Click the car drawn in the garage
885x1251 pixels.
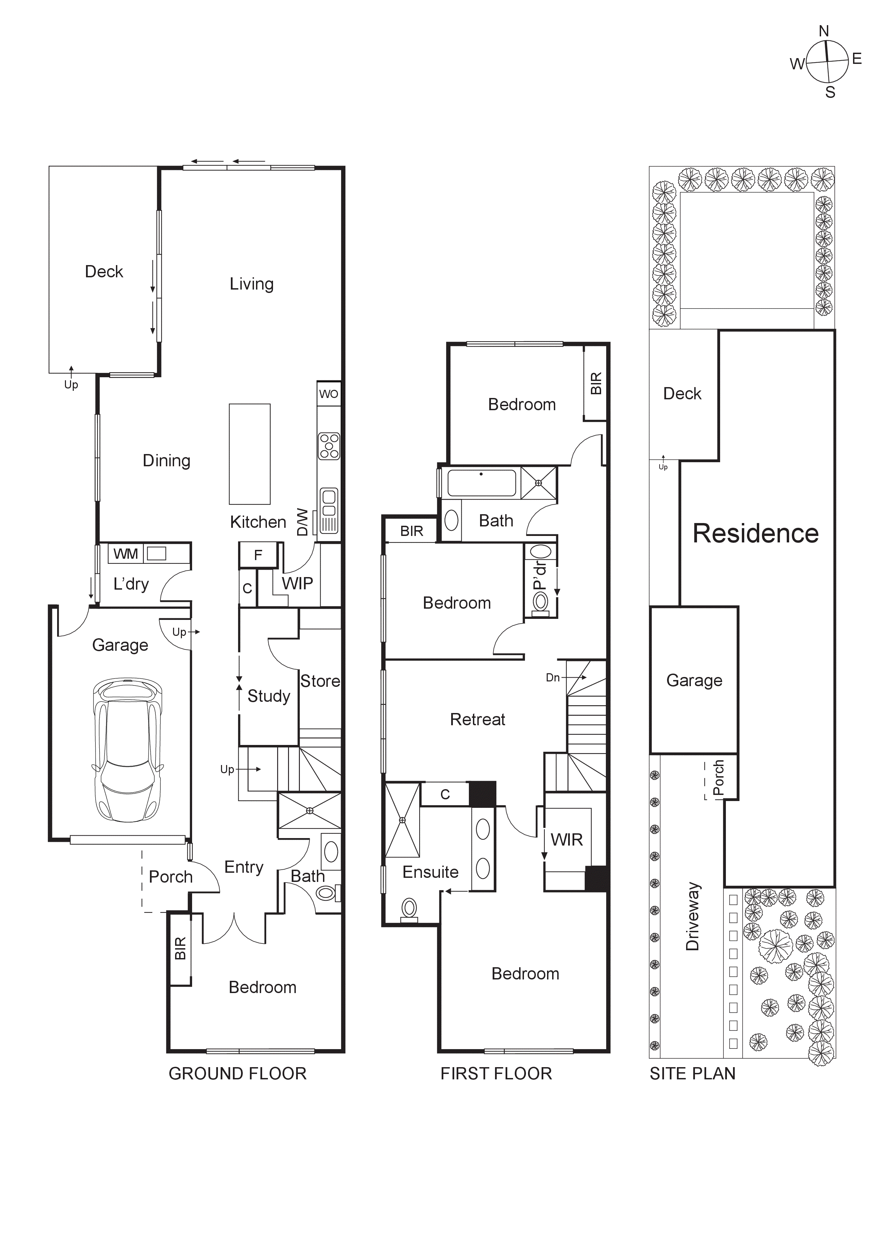pyautogui.click(x=127, y=750)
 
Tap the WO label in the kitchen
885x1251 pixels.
pyautogui.click(x=329, y=394)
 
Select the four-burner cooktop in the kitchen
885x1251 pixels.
pyautogui.click(x=329, y=446)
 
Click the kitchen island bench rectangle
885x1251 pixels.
pyautogui.click(x=250, y=454)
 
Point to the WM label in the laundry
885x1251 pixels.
pyautogui.click(x=125, y=554)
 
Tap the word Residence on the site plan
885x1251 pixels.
pyautogui.click(x=755, y=534)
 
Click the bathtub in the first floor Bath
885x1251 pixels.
pyautogui.click(x=481, y=483)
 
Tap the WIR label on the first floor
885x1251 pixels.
pyautogui.click(x=567, y=840)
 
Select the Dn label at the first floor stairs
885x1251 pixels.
pyautogui.click(x=552, y=677)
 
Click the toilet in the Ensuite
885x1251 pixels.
pyautogui.click(x=409, y=909)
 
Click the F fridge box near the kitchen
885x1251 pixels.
pyautogui.click(x=258, y=555)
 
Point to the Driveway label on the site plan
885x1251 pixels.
pyautogui.click(x=692, y=917)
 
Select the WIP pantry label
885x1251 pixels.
pyautogui.click(x=297, y=584)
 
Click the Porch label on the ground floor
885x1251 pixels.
pyautogui.click(x=171, y=877)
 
